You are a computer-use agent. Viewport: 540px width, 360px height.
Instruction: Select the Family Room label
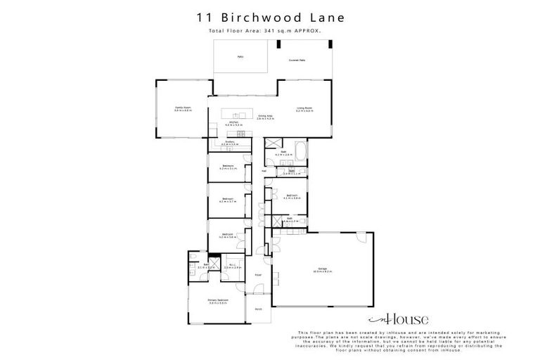(183, 108)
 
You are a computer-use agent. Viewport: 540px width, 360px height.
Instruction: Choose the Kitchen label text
(233, 122)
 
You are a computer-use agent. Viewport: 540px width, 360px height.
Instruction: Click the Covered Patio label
(297, 60)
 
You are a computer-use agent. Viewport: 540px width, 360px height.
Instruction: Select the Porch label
(257, 307)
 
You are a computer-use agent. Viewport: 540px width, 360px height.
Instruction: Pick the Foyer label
(258, 275)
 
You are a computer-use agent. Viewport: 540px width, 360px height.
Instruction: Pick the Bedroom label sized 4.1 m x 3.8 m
(292, 196)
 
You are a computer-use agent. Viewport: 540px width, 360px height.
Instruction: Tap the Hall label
(264, 171)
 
